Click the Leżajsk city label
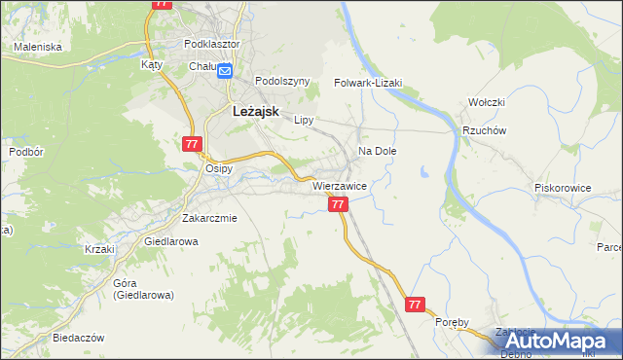[255, 112]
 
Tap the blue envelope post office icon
[225, 70]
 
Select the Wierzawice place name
[339, 185]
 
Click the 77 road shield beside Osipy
[191, 144]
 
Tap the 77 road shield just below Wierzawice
[338, 204]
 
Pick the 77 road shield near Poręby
[416, 305]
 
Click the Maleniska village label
[38, 46]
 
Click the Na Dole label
[378, 152]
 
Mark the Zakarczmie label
[209, 218]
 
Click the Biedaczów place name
[80, 338]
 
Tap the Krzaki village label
[99, 249]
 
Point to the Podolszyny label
[281, 82]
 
